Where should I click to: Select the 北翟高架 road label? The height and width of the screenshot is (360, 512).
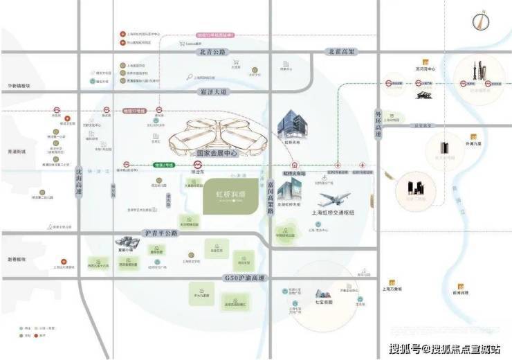(341, 51)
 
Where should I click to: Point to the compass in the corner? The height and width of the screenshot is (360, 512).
(477, 21)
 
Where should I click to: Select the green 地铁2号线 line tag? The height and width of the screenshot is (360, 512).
(163, 165)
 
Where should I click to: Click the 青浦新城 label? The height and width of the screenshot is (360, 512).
(14, 152)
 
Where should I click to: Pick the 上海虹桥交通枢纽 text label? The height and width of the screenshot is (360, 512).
(333, 213)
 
